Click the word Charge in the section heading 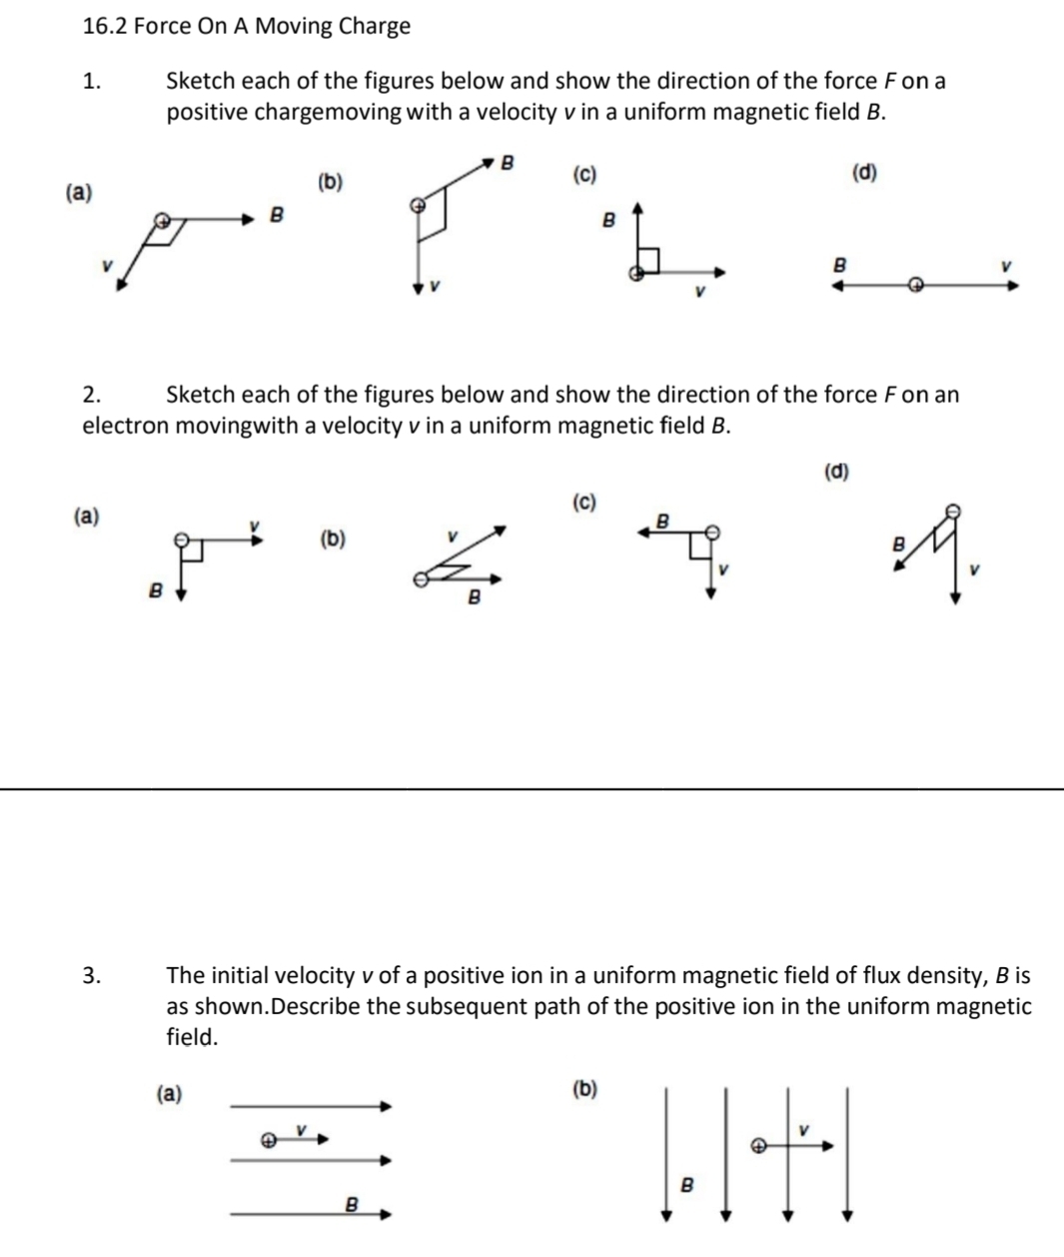point(374,27)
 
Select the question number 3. point(91,976)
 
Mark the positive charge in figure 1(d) point(913,285)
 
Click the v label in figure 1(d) point(1007,265)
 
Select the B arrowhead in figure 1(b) point(489,161)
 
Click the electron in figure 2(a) point(182,539)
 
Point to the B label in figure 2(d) point(897,546)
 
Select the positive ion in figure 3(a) point(267,1139)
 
